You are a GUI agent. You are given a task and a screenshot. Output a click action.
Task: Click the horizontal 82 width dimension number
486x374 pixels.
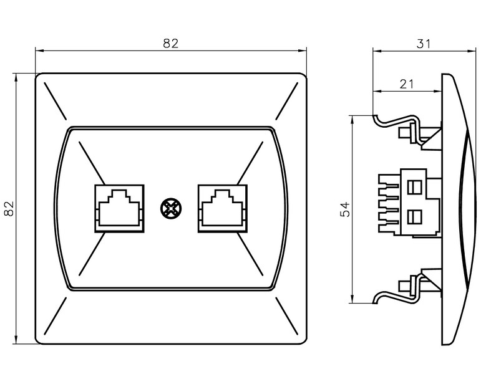coord(170,43)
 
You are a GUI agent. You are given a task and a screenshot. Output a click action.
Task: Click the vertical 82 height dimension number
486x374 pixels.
coord(9,208)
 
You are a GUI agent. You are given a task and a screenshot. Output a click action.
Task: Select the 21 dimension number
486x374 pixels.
coord(406,84)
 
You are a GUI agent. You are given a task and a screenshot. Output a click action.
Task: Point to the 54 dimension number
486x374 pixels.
coord(344,209)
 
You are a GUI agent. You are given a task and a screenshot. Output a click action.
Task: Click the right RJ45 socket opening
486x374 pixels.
coord(221,208)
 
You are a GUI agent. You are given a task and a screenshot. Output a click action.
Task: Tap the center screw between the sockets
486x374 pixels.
coord(170,208)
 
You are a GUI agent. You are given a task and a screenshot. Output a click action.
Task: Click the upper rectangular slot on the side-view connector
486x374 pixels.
coord(412,186)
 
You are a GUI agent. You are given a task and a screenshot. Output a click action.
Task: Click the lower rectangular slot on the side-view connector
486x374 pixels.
coord(412,217)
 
